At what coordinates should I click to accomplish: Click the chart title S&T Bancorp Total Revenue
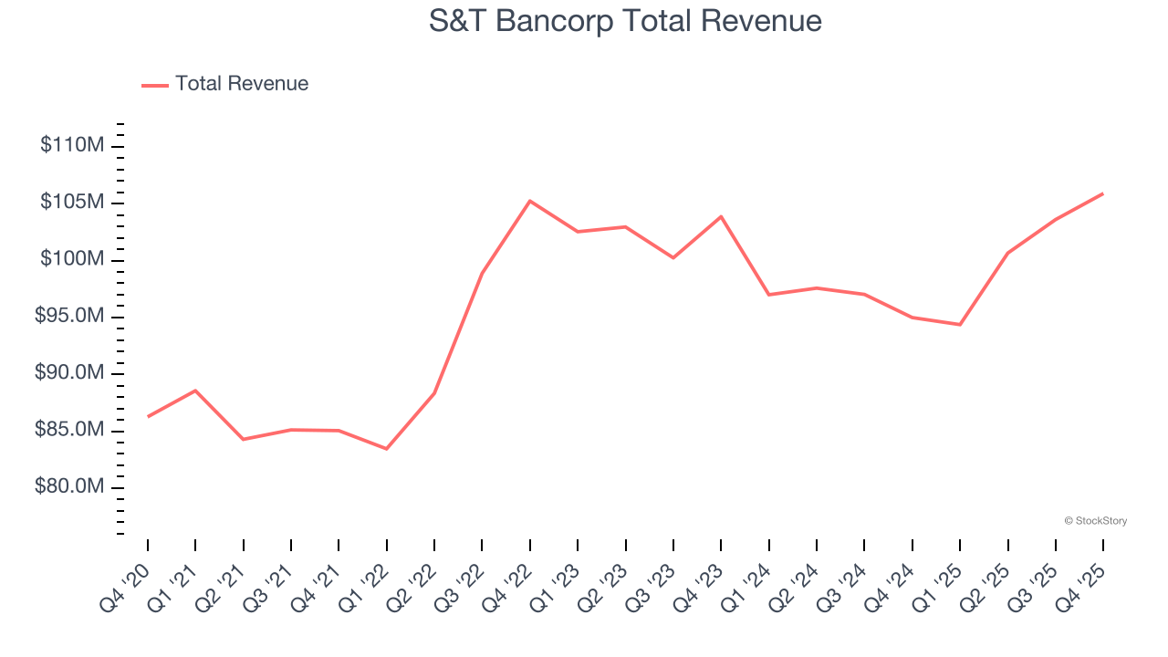pyautogui.click(x=625, y=21)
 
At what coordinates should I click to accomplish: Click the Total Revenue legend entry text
pyautogui.click(x=242, y=84)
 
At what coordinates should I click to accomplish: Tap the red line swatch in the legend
pyautogui.click(x=155, y=85)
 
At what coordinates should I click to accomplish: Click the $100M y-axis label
pyautogui.click(x=72, y=259)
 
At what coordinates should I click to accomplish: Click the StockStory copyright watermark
pyautogui.click(x=1095, y=521)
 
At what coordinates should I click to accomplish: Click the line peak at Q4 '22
pyautogui.click(x=530, y=201)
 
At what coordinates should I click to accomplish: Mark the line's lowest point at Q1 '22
pyautogui.click(x=387, y=449)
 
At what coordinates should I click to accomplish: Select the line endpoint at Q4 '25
pyautogui.click(x=1102, y=193)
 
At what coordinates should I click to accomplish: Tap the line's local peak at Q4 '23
pyautogui.click(x=721, y=216)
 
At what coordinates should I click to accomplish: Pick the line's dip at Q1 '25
pyautogui.click(x=960, y=325)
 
